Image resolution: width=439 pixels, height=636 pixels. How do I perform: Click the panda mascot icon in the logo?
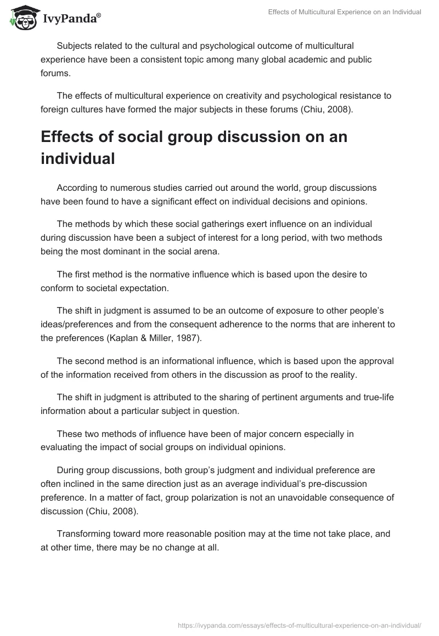pos(21,17)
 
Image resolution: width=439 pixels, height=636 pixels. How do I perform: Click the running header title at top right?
pos(345,12)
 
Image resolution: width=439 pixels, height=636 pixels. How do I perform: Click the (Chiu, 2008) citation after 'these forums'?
pos(327,109)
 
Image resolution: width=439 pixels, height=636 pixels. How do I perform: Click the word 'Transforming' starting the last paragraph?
pos(85,533)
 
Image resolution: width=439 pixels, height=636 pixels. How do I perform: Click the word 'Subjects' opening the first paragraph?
pos(74,46)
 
